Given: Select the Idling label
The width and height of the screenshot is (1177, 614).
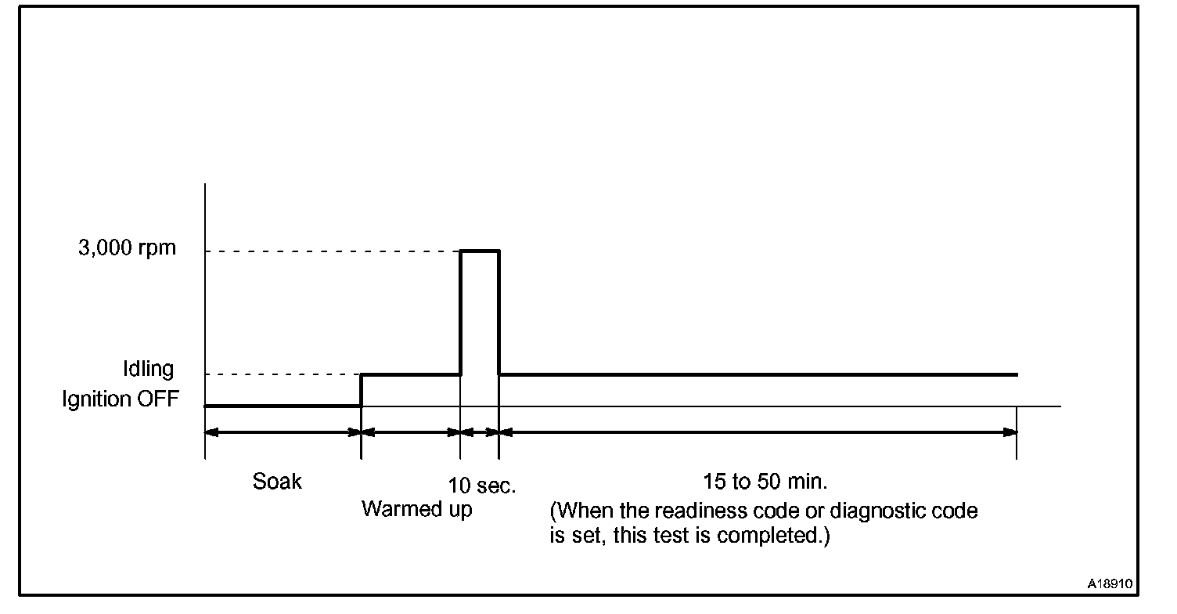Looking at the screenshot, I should (149, 368).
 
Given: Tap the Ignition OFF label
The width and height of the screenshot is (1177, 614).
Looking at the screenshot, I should (121, 399).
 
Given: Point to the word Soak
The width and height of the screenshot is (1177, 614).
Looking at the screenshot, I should (277, 481).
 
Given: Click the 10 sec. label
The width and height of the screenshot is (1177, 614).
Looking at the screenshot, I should (483, 486).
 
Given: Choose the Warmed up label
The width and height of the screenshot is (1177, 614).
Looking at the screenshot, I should (416, 510).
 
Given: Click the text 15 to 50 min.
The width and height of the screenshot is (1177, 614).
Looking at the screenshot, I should (765, 480).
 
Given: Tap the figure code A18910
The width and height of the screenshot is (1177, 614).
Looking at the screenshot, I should (1110, 584).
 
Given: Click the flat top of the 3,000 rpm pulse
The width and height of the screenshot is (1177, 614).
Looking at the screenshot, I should (479, 251).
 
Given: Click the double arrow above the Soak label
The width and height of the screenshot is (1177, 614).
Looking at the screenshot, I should (283, 432).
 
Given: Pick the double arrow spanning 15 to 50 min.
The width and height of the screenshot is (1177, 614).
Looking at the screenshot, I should (758, 432).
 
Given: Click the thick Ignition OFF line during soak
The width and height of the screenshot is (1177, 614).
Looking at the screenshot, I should (283, 406).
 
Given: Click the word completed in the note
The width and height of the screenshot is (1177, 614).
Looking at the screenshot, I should (772, 538).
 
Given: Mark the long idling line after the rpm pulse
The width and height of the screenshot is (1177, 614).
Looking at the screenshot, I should (758, 374).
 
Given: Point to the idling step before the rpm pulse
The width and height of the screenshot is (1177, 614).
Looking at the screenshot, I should (410, 374).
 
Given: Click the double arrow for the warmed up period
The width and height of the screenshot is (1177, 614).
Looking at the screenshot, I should (410, 432).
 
